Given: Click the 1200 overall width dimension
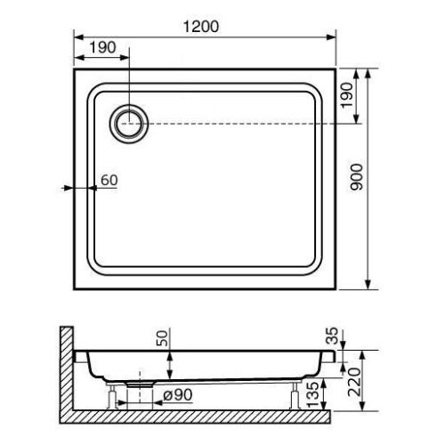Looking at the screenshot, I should coord(205,27).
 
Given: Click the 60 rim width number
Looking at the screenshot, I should coord(109,181).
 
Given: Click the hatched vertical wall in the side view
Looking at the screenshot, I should coord(65,369).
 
